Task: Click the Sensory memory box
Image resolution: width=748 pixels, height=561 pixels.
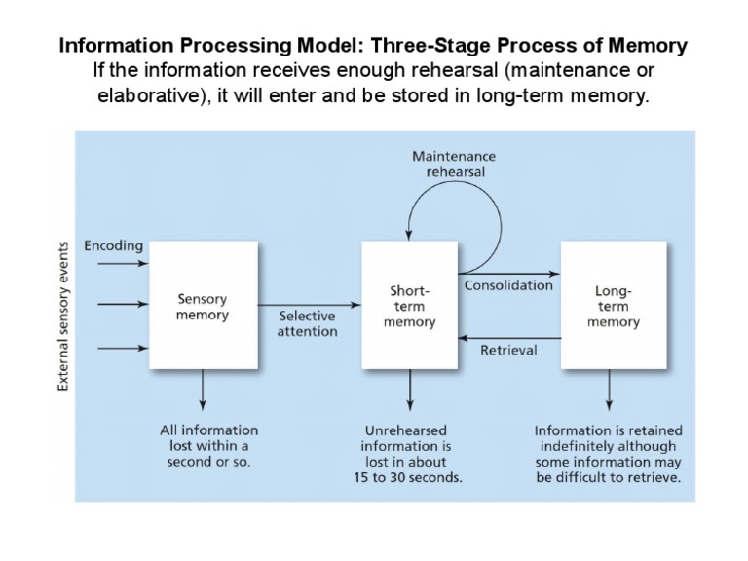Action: point(203,306)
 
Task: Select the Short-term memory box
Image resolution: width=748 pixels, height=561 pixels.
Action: point(409,306)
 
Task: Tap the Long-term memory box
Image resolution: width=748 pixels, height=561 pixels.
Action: point(614,306)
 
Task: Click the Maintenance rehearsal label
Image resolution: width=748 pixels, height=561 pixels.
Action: point(454,164)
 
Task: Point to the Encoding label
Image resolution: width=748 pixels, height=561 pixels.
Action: point(114,246)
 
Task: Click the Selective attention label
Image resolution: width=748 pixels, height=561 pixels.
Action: point(308,323)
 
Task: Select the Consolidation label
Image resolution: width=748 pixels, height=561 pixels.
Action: point(508,285)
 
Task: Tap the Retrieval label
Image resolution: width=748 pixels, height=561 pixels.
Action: point(508,350)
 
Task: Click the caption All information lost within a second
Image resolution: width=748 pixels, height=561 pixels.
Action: point(208,445)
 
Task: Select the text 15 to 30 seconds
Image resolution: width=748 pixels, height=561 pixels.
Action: point(408,478)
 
